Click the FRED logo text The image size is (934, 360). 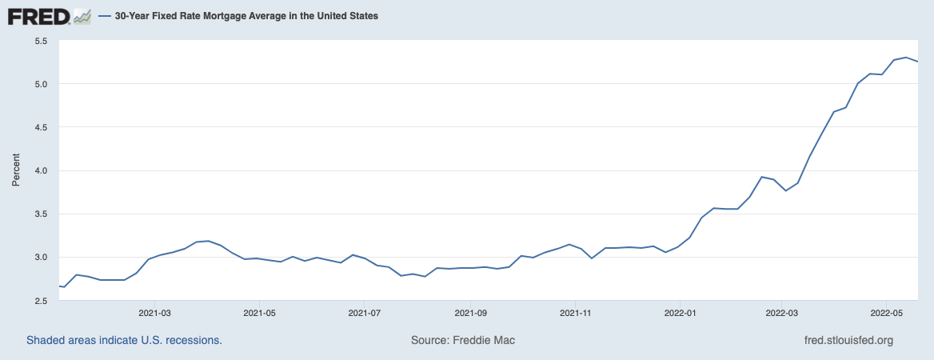point(38,15)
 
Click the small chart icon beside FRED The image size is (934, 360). point(82,15)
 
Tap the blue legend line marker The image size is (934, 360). point(105,15)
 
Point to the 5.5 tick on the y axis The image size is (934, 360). point(41,41)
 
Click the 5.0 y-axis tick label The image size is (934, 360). point(41,84)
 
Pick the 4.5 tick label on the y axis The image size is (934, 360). point(41,127)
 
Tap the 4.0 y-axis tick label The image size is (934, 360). point(41,170)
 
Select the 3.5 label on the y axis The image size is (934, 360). point(41,214)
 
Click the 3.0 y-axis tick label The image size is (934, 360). point(41,257)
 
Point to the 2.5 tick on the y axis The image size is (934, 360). point(41,300)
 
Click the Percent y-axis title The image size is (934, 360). point(16,170)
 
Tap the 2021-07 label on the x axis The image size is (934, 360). point(364,312)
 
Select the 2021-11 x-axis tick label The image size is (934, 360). point(575,312)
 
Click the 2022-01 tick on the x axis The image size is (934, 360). point(680,312)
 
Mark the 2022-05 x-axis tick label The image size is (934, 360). point(886,312)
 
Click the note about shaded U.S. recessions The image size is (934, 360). point(124,340)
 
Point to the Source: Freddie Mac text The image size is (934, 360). point(463,340)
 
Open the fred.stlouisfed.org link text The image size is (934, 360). point(848,340)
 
